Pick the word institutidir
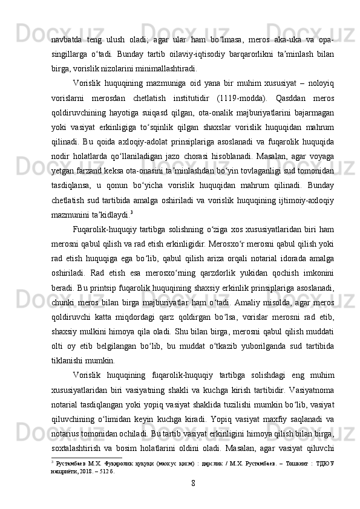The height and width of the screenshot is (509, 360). click(193, 98)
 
